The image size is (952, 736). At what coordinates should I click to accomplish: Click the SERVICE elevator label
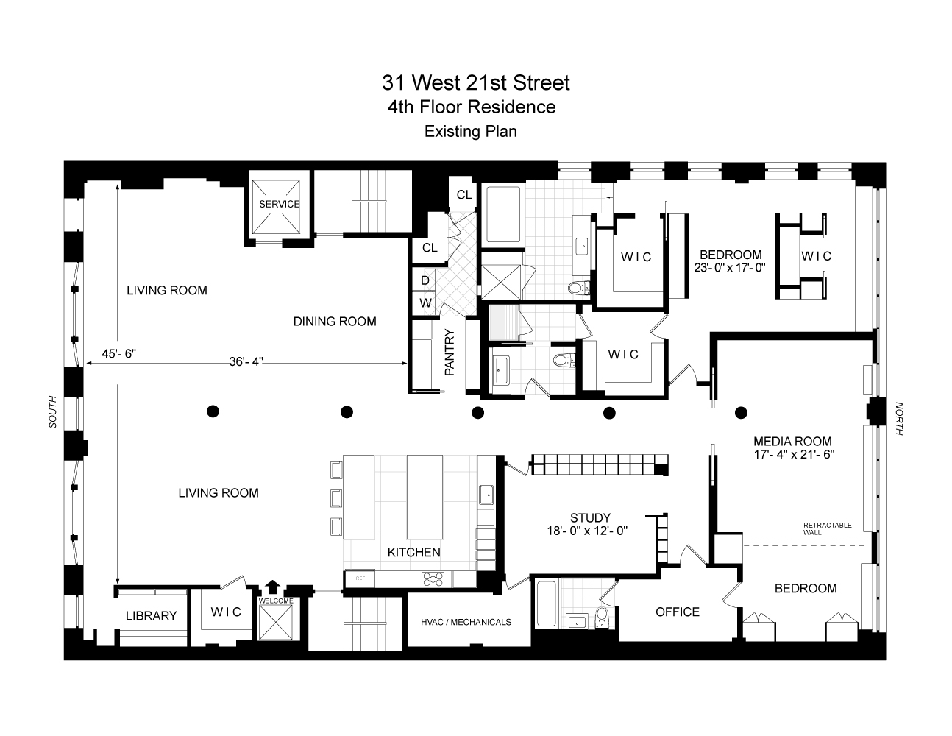pos(279,204)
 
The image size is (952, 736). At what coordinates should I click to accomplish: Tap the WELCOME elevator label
pos(276,601)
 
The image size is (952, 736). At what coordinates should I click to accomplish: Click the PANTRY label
pos(450,353)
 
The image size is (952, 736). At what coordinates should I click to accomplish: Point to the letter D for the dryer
pos(425,280)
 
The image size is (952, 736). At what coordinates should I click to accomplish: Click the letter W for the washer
pos(425,302)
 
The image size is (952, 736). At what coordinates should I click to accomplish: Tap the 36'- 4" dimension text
pos(246,362)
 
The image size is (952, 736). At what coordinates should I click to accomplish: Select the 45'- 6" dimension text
pos(118,353)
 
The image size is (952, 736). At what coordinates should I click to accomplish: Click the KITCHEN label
pos(413,553)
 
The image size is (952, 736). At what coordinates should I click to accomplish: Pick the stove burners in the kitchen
pos(433,579)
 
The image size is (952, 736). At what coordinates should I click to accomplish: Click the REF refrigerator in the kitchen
pos(360,578)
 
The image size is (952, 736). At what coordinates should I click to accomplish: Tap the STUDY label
pos(590,518)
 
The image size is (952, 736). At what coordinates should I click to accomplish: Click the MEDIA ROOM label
pos(792,441)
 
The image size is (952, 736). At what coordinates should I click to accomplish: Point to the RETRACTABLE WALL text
pos(827,528)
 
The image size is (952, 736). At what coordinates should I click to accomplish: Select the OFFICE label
pos(678,612)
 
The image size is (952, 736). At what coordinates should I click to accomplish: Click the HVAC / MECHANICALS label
pos(466,622)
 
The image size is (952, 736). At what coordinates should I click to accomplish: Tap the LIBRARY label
pos(151,616)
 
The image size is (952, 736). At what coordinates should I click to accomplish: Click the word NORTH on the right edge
pos(899,419)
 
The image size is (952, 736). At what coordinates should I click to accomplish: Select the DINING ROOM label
pos(335,322)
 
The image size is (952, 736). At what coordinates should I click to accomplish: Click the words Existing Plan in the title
pos(471,132)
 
